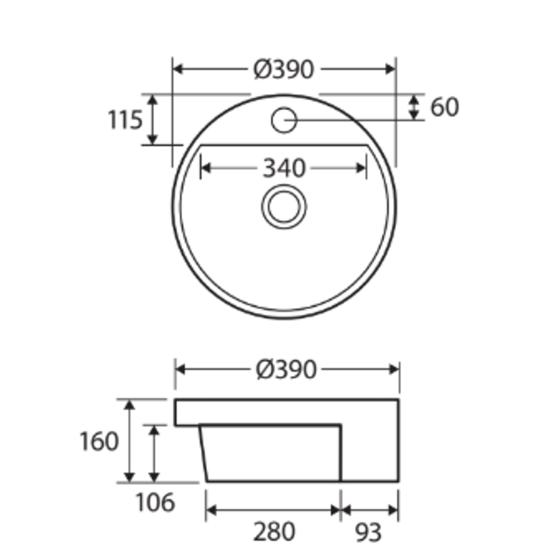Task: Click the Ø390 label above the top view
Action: click(284, 70)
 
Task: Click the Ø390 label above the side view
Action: click(286, 369)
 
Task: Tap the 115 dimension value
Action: click(125, 120)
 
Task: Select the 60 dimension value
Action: click(444, 107)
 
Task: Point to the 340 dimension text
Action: click(284, 169)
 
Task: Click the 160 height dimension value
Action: click(99, 441)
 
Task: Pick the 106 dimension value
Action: click(155, 502)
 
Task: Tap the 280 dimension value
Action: click(274, 532)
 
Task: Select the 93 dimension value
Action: click(369, 532)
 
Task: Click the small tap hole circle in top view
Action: click(284, 120)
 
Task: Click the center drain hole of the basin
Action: click(284, 206)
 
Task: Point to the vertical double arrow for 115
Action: click(153, 120)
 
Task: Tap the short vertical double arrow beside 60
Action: click(414, 107)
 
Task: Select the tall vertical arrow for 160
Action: click(129, 441)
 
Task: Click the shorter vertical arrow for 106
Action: click(154, 454)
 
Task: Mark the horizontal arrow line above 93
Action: click(370, 511)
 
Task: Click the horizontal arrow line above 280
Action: click(273, 511)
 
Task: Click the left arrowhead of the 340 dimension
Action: click(205, 169)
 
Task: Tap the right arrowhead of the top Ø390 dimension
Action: click(390, 69)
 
